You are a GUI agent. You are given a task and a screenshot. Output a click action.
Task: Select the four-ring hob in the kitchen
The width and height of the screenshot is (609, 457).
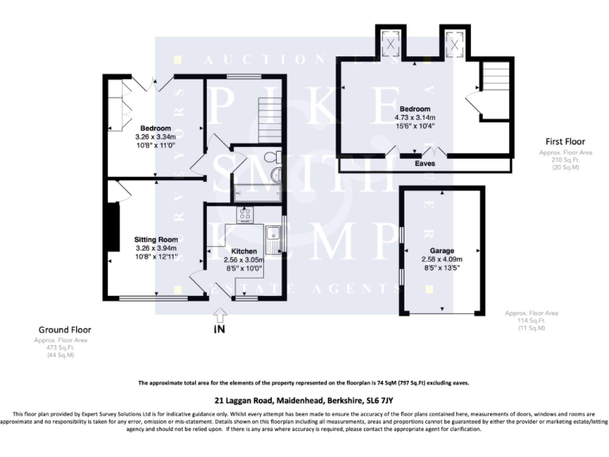(243, 213)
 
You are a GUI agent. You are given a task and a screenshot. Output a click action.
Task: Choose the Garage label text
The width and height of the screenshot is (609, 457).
(442, 251)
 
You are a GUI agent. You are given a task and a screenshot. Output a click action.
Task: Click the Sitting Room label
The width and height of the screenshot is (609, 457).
(155, 239)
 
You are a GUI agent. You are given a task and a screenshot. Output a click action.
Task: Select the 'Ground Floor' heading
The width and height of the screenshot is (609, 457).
(65, 329)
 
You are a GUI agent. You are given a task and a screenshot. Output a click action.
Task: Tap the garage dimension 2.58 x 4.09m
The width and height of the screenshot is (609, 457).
(442, 259)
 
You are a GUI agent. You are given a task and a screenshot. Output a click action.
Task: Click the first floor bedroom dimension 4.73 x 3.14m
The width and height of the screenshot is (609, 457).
(415, 117)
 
